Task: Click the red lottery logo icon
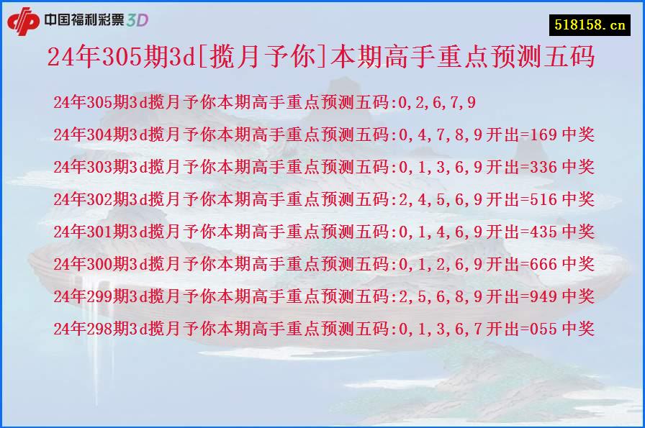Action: (x=23, y=19)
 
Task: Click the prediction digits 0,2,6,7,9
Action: (x=437, y=102)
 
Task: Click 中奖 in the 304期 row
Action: (x=578, y=135)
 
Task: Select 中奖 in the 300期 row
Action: (x=578, y=264)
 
